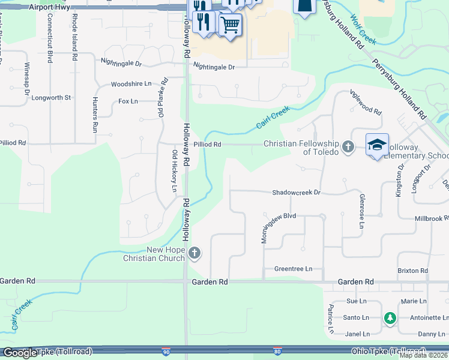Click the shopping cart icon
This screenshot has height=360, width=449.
(230, 25)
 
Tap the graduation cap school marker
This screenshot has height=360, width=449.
(377, 145)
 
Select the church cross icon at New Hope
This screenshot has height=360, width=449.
(194, 254)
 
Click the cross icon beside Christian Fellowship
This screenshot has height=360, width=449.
(348, 146)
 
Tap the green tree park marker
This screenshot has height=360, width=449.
(390, 317)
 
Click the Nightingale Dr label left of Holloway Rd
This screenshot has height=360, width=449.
(121, 62)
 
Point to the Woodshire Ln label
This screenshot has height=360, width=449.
(131, 85)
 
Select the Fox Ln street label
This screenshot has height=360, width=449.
(128, 101)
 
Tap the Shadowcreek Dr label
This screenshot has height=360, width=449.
(297, 193)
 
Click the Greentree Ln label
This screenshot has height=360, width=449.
(294, 269)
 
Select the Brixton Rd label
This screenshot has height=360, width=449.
(412, 271)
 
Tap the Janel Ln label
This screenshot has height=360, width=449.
(358, 334)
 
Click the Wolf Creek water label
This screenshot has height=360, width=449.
(363, 30)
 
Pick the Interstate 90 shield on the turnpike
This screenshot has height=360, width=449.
(166, 350)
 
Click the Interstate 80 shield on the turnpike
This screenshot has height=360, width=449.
(277, 350)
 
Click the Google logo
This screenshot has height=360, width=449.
(20, 353)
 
